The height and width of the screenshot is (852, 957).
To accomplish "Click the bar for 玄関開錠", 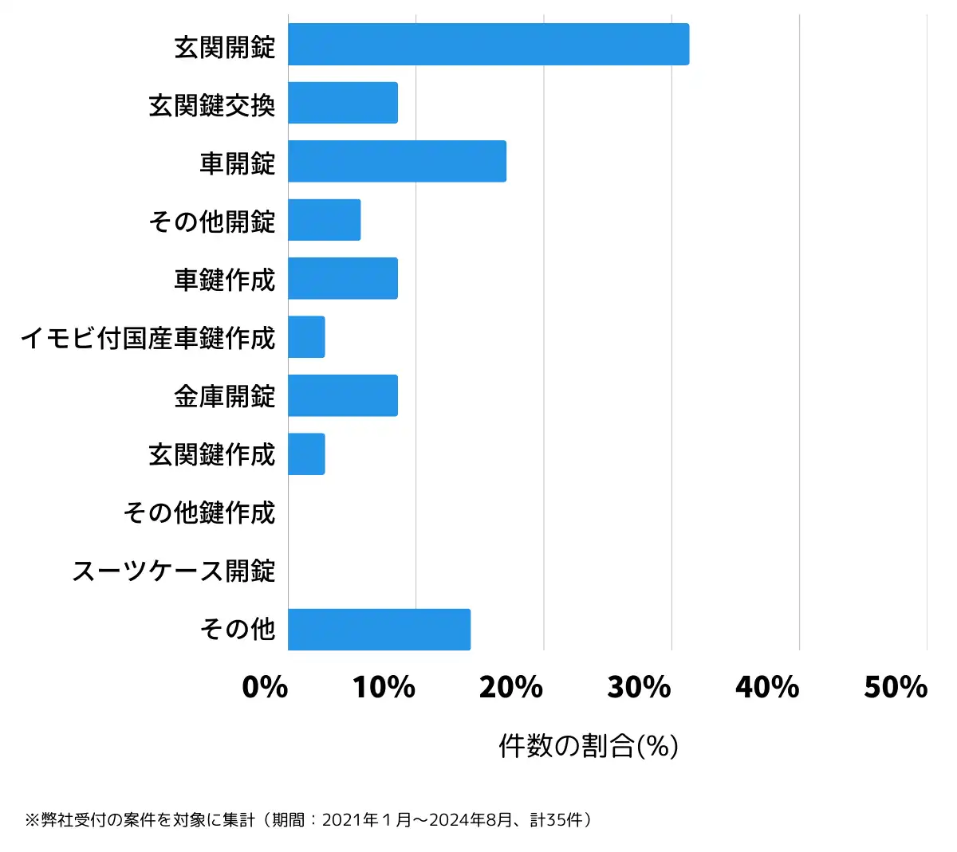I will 488,45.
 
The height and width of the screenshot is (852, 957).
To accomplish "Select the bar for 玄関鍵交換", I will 343,103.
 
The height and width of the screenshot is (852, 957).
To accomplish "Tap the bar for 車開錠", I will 397,161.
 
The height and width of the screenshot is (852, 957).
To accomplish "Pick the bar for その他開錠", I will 325,220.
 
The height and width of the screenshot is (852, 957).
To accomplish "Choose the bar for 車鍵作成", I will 343,278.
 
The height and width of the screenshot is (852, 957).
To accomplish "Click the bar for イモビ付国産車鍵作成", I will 307,337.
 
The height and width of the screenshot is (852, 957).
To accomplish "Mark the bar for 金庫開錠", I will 343,395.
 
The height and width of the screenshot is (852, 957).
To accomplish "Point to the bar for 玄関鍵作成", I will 307,454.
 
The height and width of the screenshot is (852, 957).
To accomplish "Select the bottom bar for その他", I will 380,630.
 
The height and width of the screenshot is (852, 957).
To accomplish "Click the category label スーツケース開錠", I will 174,571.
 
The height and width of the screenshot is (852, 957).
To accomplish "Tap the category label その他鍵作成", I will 199,512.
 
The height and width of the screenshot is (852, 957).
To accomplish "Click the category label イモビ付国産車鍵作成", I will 148,338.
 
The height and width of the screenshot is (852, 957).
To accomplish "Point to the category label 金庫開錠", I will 225,396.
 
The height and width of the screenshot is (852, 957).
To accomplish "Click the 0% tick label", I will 265,687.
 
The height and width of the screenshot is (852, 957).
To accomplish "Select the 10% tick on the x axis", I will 384,687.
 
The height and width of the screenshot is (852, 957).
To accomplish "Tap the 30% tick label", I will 640,687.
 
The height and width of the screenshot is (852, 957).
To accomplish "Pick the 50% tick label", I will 896,687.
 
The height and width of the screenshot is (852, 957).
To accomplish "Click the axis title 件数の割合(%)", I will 589,746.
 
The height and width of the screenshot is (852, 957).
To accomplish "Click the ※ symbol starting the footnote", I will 32,820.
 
